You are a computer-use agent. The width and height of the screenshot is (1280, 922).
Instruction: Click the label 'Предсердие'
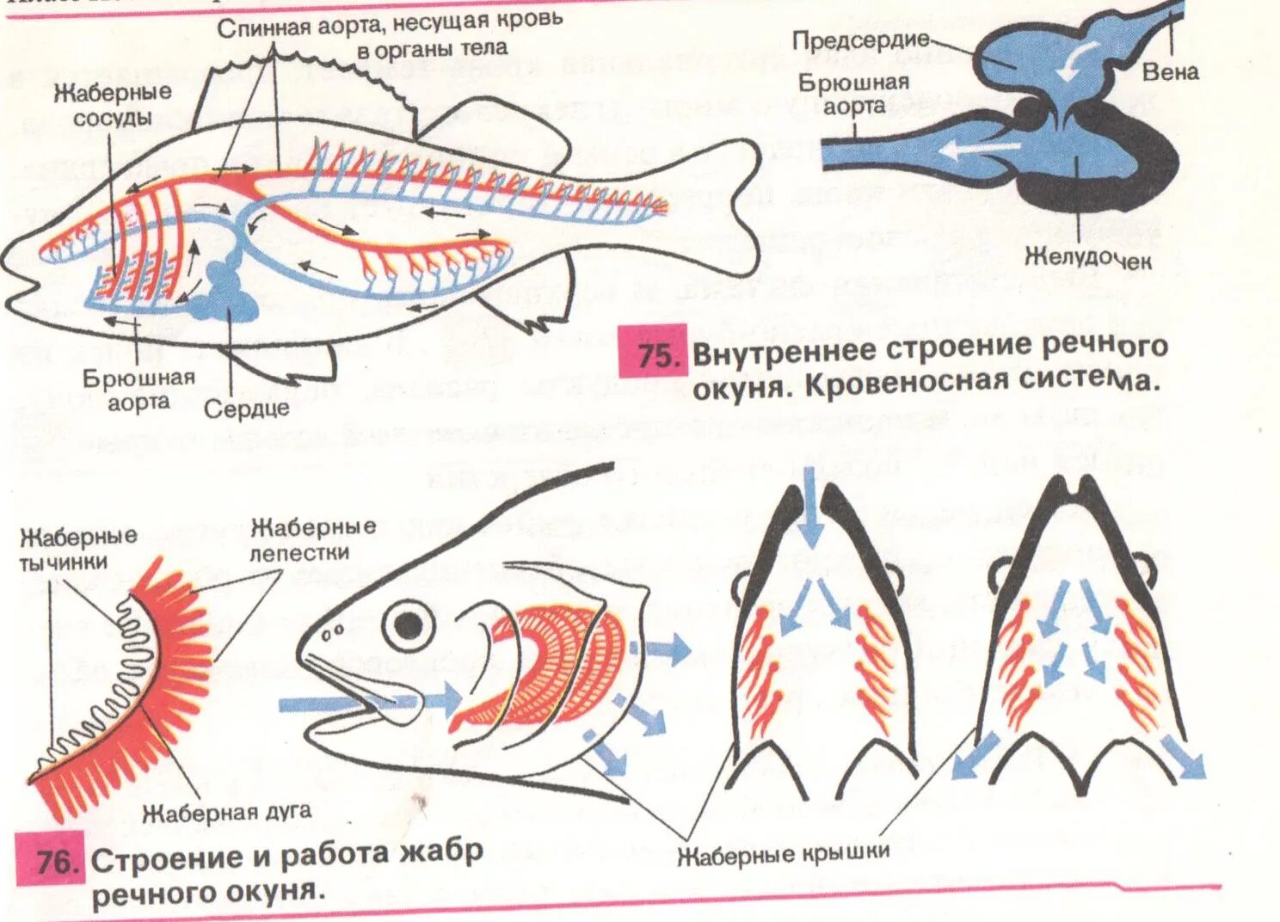(860, 40)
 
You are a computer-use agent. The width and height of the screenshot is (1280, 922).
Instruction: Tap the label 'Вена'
(1169, 71)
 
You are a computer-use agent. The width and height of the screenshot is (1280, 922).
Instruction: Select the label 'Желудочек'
(1087, 257)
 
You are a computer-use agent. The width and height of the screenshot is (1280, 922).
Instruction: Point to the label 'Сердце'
(246, 408)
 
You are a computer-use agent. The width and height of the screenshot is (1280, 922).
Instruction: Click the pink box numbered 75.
(653, 353)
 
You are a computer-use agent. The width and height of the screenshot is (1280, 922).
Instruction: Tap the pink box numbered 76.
(51, 861)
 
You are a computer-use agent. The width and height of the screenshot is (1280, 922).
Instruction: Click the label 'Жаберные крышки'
(783, 853)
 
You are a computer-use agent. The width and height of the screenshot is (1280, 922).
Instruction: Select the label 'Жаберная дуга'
(226, 811)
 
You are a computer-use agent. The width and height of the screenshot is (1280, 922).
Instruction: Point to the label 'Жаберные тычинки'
(78, 549)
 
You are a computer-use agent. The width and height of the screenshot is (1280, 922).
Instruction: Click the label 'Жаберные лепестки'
(312, 538)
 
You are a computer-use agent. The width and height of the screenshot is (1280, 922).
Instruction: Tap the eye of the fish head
(408, 623)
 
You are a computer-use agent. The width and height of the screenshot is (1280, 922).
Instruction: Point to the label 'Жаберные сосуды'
(112, 103)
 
